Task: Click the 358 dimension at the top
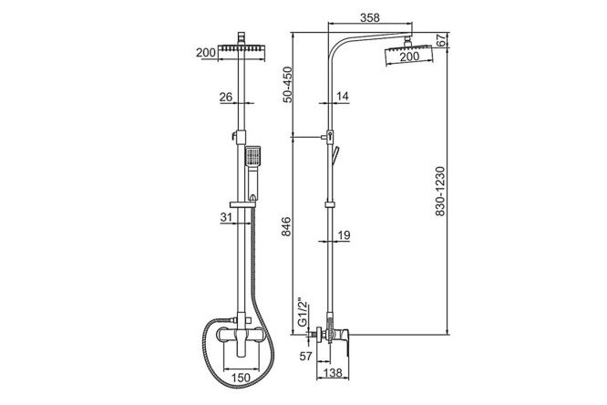pos(370,17)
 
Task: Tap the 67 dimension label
pos(441,40)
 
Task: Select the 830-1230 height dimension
pos(440,191)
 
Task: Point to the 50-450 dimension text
pos(287,85)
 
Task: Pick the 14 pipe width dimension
pos(343,96)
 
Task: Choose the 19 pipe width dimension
pos(344,234)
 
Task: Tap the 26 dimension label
pos(226,97)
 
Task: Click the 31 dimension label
pos(226,217)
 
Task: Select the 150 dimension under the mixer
pos(241,377)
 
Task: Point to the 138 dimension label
pos(333,373)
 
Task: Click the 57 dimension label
pos(306,356)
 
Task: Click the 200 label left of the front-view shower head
pos(206,52)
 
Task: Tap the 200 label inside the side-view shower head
pos(409,57)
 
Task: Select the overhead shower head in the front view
pos(242,48)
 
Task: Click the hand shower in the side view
pos(334,155)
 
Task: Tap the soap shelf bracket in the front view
pos(242,204)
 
